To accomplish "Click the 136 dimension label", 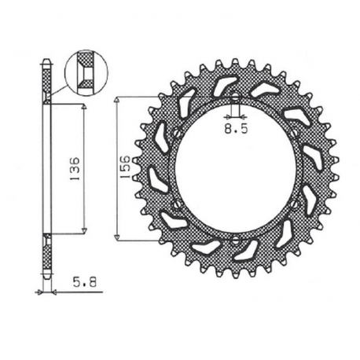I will pyautogui.click(x=73, y=167).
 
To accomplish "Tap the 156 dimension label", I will pyautogui.click(x=125, y=167).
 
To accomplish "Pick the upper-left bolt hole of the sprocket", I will pyautogui.click(x=176, y=133).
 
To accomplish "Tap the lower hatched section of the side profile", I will pyautogui.click(x=47, y=252).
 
